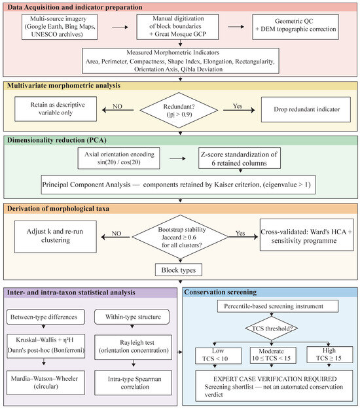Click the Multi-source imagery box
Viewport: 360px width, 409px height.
click(60, 27)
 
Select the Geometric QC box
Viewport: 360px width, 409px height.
click(296, 27)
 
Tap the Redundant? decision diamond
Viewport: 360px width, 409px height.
click(179, 110)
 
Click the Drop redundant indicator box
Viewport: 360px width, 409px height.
click(306, 109)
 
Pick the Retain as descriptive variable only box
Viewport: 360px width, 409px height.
click(56, 109)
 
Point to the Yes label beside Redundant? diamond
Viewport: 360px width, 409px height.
click(238, 106)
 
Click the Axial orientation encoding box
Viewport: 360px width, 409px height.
click(118, 158)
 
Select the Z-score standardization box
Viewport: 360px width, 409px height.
click(240, 158)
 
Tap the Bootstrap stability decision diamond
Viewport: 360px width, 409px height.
click(180, 237)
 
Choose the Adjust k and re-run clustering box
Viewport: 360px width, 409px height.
click(55, 237)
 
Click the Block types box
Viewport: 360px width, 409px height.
click(179, 270)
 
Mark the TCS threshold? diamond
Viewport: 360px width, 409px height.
click(272, 329)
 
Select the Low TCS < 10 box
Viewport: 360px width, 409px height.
click(219, 355)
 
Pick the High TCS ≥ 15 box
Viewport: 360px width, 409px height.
click(329, 355)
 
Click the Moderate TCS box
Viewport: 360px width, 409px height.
click(273, 355)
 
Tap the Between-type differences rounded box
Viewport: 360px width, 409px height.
click(46, 317)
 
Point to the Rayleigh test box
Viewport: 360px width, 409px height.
click(134, 347)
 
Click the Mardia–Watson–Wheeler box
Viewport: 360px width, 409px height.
click(46, 382)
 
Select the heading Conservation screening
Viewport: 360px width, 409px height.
click(221, 292)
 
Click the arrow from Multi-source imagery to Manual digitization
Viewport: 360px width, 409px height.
click(120, 27)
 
